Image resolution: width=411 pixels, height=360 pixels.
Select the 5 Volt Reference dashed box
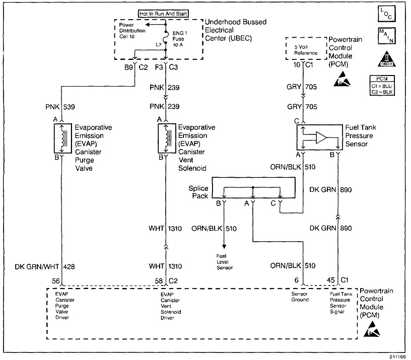(x=306, y=49)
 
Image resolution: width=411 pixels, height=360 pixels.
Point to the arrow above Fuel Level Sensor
(x=225, y=245)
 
